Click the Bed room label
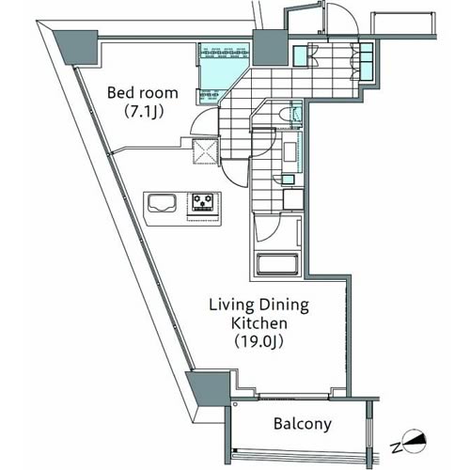(143, 93)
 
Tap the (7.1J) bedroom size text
(144, 112)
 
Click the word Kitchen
(259, 323)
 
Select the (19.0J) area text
(259, 342)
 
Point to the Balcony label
(303, 424)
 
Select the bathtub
(276, 264)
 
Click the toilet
(287, 115)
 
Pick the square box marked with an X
(205, 151)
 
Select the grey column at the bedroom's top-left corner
(77, 47)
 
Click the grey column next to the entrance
(270, 48)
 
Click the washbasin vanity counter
(292, 151)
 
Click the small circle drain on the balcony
(235, 404)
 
